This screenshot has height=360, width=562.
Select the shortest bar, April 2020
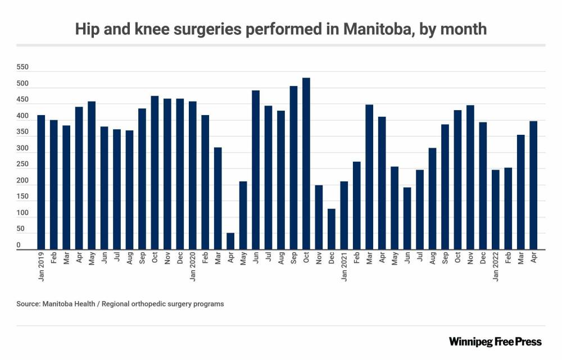(230, 241)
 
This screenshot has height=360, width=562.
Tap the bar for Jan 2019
(41, 183)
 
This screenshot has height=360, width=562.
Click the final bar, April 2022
(533, 185)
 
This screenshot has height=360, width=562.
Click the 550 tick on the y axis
(23, 67)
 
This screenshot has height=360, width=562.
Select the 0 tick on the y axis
(19, 245)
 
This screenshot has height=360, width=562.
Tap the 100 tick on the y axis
(23, 213)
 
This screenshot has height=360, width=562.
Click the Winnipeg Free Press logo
(495, 341)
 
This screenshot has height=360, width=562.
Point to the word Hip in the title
(87, 30)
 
